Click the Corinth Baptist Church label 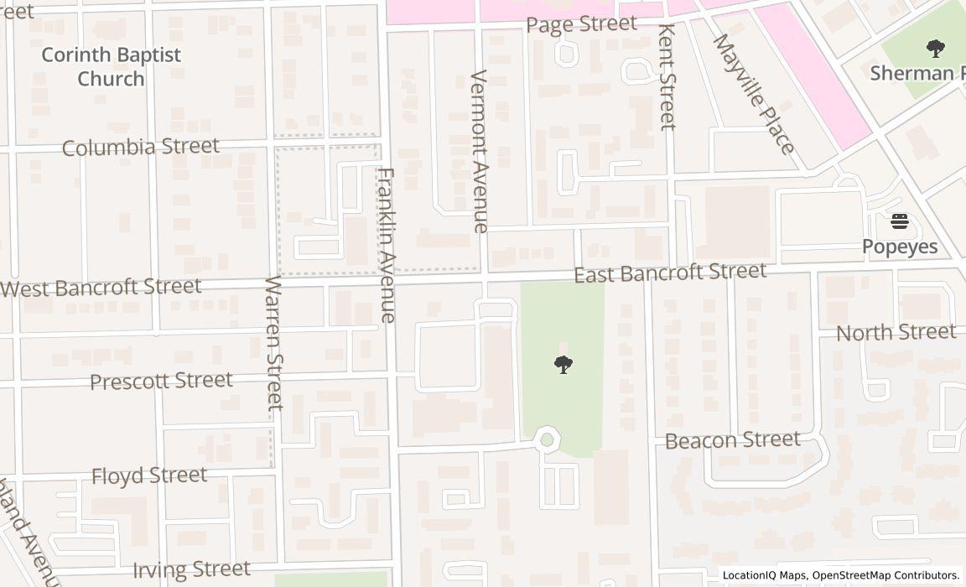click(111, 67)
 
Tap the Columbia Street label click(141, 148)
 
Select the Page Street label click(582, 24)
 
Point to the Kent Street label click(667, 76)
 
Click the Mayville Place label click(753, 94)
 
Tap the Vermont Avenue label click(480, 151)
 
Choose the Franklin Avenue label click(386, 245)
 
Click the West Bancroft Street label click(101, 288)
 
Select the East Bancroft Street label click(670, 273)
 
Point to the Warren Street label click(274, 342)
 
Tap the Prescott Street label click(161, 382)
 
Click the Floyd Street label click(149, 476)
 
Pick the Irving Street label click(191, 569)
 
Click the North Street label click(896, 333)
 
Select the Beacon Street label click(733, 440)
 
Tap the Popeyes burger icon click(900, 222)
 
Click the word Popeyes click(900, 247)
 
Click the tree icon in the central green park click(563, 364)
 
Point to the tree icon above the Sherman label click(935, 48)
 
